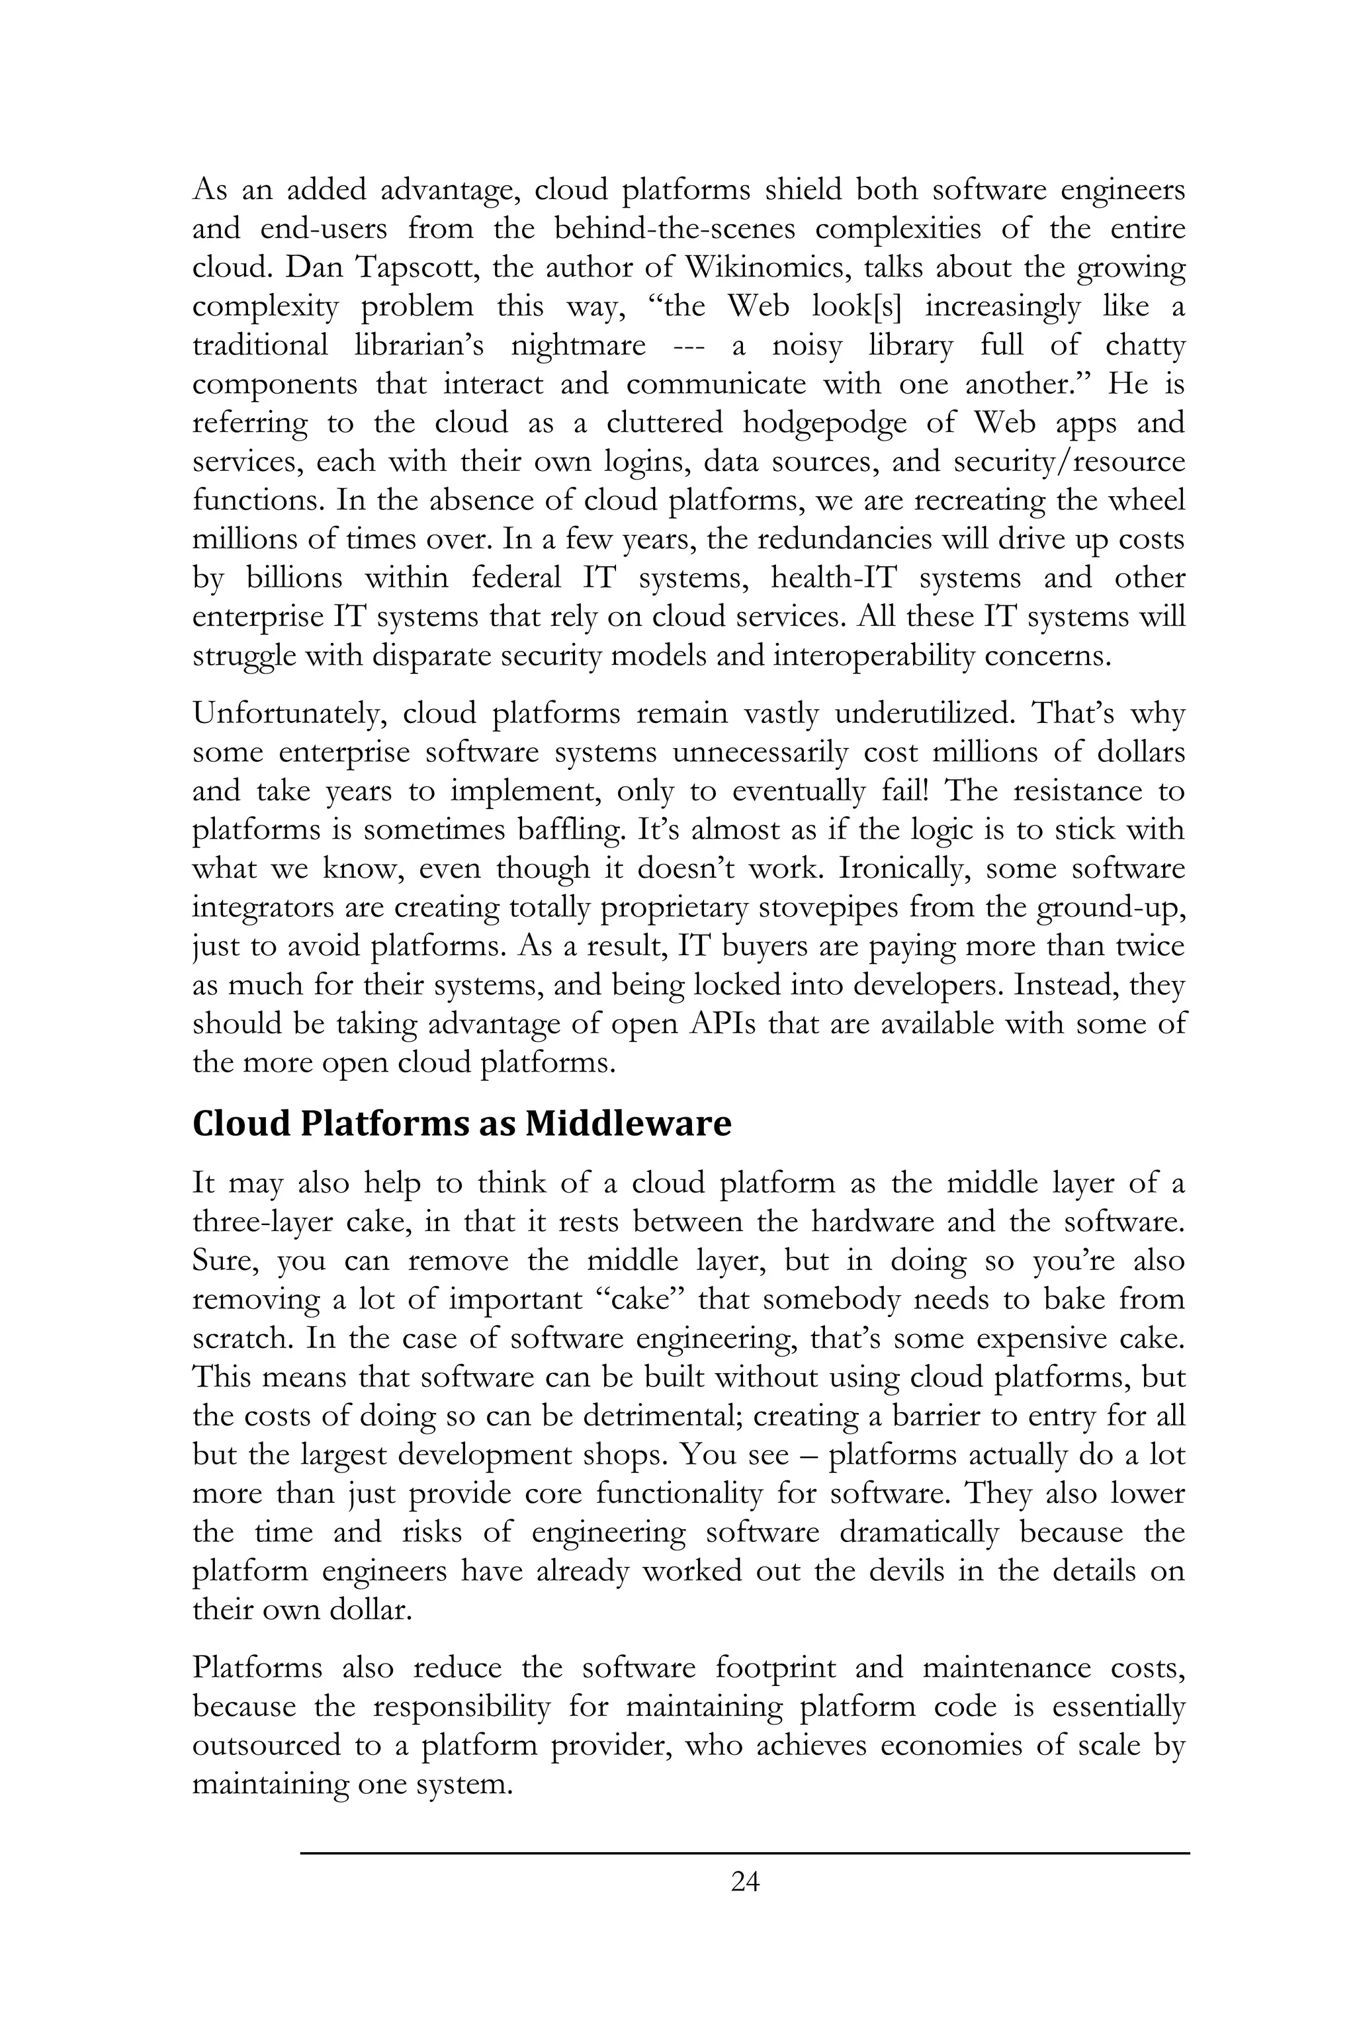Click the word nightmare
tap(578, 345)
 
